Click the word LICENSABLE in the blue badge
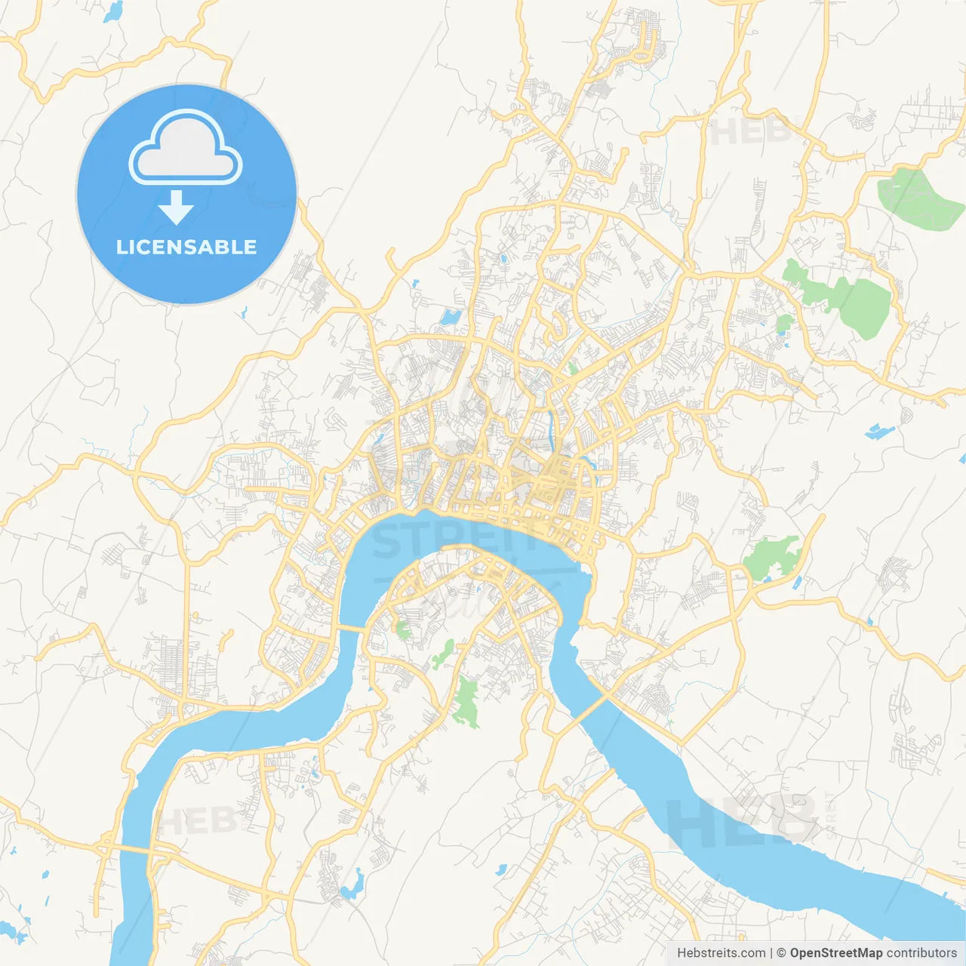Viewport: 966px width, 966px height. coord(186,247)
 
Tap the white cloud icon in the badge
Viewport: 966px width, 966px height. coord(186,148)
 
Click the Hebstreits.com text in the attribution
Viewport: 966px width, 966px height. coord(721,953)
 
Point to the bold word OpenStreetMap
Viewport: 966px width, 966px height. coord(835,953)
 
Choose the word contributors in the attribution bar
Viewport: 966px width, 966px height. coord(921,953)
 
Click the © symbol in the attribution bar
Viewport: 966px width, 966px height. coord(781,953)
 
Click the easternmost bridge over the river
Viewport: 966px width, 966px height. coord(592,709)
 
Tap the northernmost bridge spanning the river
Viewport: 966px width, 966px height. coord(350,628)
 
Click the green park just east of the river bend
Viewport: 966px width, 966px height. coord(770,557)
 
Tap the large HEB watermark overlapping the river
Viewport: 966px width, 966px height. coord(740,819)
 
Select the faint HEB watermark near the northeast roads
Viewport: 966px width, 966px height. coord(747,131)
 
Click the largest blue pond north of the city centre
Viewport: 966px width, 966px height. coord(451,317)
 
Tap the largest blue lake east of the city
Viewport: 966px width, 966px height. coord(879,431)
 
